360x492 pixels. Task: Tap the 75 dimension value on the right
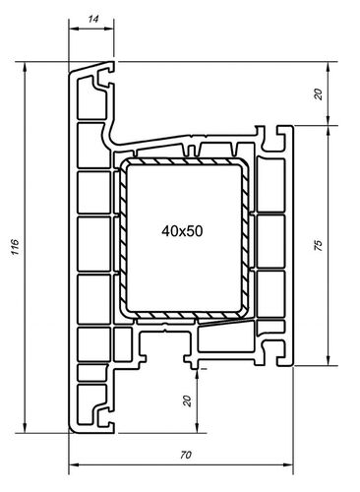[x=318, y=246]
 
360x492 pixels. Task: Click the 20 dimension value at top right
[x=318, y=94]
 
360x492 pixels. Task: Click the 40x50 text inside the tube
[x=182, y=230]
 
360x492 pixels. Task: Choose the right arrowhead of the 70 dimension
[x=292, y=464]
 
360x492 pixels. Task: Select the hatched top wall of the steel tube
[x=182, y=160]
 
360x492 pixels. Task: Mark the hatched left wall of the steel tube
[x=123, y=236]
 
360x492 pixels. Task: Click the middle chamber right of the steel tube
[x=268, y=236]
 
